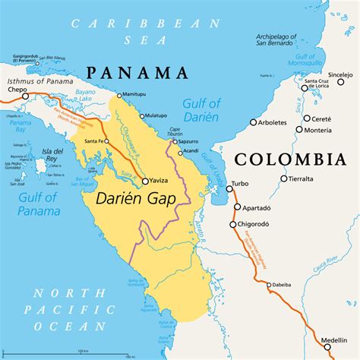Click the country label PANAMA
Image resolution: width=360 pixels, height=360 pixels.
tap(136, 73)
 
